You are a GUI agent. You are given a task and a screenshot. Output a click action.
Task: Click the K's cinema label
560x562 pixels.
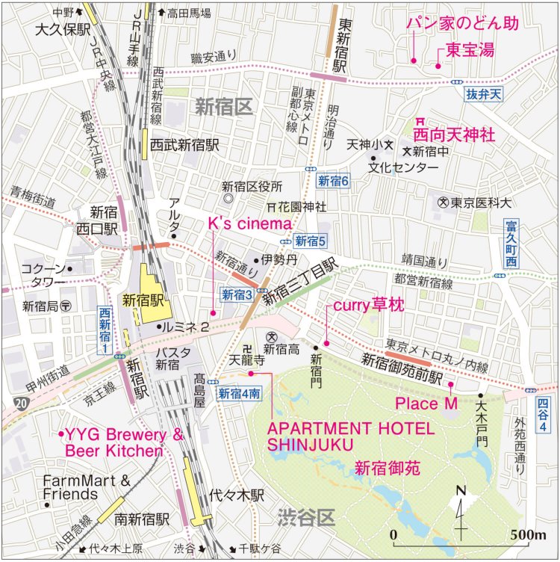[249, 223]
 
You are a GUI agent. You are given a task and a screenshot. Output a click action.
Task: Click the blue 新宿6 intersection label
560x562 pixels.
[333, 180]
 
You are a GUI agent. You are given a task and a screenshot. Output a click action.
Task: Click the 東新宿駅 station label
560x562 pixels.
[343, 45]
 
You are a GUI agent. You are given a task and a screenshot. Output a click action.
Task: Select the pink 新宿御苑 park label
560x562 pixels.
[388, 469]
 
